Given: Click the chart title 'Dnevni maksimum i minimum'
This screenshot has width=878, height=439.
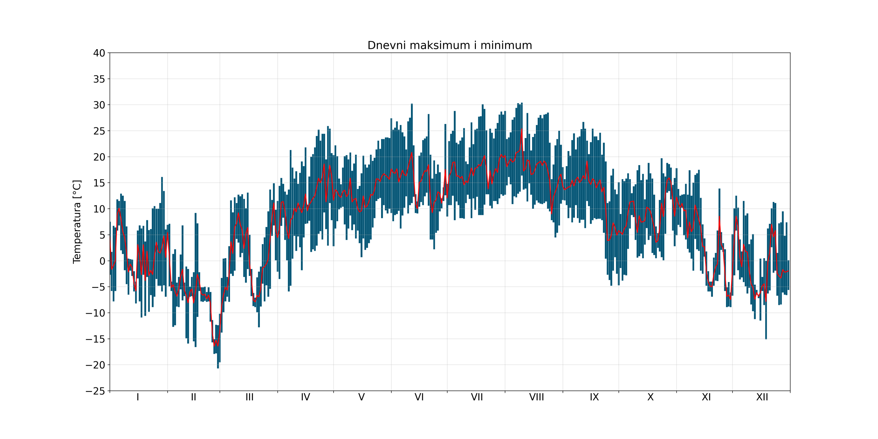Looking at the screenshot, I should (x=450, y=46).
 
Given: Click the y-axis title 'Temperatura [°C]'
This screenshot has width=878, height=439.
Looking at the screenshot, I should (x=77, y=222).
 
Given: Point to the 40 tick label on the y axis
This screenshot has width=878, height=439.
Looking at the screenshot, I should (x=99, y=53).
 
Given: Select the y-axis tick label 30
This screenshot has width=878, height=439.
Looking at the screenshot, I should (x=99, y=105).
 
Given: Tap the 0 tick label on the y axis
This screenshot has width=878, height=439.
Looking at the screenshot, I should (x=102, y=261).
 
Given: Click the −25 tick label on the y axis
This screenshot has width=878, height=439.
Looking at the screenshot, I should (x=95, y=391).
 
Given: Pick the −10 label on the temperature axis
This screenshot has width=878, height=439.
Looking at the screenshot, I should (x=95, y=313).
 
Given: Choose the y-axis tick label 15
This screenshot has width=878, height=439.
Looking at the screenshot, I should (x=99, y=183).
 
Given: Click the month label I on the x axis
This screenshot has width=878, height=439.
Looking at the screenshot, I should (x=138, y=397).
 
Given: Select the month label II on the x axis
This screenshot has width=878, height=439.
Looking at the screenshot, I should (x=194, y=397).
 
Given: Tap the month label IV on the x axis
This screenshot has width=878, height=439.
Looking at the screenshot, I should (x=306, y=397).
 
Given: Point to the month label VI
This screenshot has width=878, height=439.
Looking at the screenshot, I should (x=419, y=397).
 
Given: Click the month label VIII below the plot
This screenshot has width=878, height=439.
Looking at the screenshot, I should (x=536, y=397).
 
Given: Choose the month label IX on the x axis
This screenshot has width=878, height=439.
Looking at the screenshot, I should (x=594, y=397).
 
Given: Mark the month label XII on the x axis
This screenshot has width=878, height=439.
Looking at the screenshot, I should (x=762, y=397).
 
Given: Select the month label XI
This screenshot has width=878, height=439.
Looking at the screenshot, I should (x=706, y=397).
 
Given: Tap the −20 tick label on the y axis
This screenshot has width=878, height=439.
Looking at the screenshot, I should (x=95, y=365).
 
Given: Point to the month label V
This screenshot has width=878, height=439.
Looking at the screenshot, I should (x=361, y=397).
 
